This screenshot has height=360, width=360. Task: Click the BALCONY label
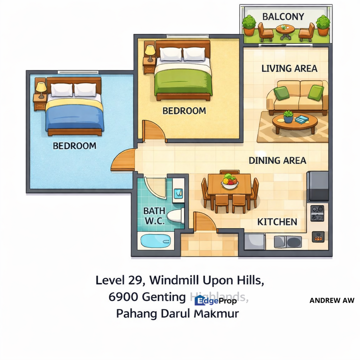click(283, 16)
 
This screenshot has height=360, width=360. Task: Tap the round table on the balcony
click(285, 30)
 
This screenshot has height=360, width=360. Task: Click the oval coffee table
click(294, 120)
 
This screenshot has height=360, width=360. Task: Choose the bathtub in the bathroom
click(155, 241)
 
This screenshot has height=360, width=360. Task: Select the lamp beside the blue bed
click(40, 88)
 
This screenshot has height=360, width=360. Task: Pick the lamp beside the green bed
click(149, 50)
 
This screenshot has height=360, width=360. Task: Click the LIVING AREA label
click(289, 68)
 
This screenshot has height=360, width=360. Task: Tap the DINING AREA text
click(277, 160)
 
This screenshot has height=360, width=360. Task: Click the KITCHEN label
click(277, 221)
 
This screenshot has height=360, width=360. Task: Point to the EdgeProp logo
click(215, 300)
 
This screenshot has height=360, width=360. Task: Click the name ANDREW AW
click(331, 300)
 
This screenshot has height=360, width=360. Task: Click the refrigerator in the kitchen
click(317, 186)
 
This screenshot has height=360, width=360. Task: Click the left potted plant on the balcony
click(249, 23)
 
